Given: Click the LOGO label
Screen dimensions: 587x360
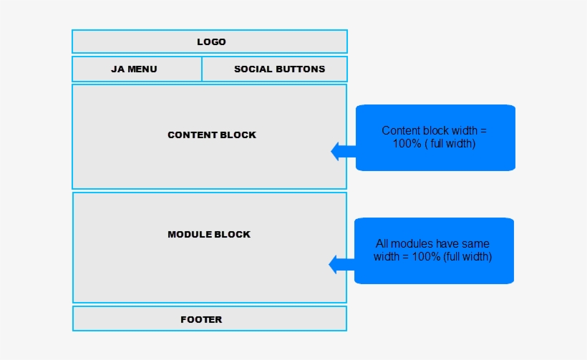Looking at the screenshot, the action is [x=211, y=42].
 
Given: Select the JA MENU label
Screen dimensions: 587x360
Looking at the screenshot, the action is [x=134, y=69].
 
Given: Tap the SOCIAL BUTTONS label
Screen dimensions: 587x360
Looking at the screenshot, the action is [x=280, y=69].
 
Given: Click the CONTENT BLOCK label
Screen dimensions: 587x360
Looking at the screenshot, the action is [x=212, y=135].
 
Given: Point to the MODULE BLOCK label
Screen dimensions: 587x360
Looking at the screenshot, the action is [x=209, y=235].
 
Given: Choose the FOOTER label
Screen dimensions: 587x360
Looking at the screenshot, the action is [x=201, y=320].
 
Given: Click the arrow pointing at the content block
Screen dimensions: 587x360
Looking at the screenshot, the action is [x=344, y=152].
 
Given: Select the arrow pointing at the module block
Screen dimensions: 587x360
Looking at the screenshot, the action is [x=341, y=265].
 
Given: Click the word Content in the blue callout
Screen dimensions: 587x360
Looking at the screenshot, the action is [x=401, y=130].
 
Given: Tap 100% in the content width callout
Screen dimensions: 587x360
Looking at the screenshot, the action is [x=407, y=143].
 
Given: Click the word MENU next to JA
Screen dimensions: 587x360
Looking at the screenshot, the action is [x=142, y=69].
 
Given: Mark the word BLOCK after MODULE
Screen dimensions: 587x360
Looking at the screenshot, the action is [x=235, y=235].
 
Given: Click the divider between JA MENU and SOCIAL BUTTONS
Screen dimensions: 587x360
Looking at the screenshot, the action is [x=202, y=69].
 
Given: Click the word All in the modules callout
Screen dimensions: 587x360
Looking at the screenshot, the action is [x=382, y=243].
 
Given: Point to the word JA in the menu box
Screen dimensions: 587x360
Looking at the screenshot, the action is [x=118, y=69].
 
